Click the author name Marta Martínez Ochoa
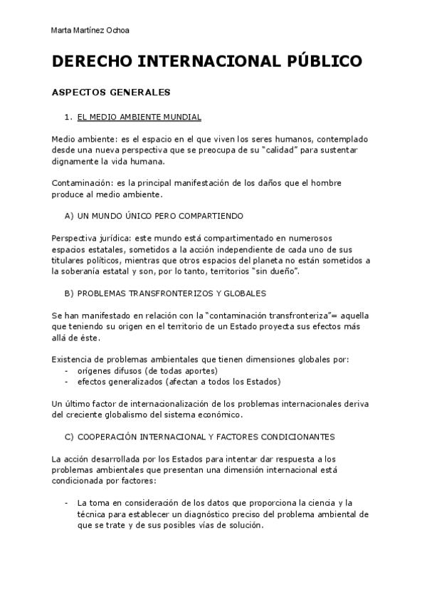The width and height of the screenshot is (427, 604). [x=90, y=30]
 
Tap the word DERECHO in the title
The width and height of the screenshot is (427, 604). [x=91, y=61]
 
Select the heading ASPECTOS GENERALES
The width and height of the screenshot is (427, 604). [x=111, y=93]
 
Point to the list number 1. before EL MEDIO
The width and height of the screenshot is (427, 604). [x=68, y=116]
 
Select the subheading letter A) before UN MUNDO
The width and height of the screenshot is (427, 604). [x=69, y=214]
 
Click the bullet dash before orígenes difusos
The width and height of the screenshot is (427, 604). [x=66, y=371]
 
